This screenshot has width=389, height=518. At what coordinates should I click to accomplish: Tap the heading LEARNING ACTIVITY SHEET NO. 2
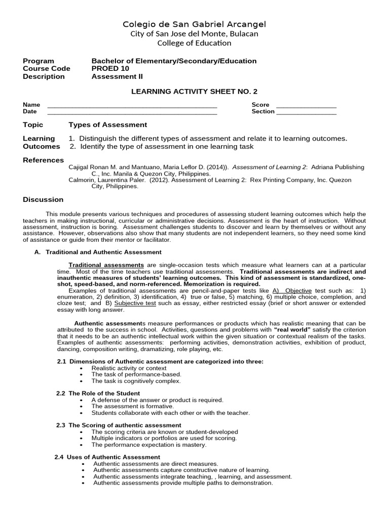(x=194, y=92)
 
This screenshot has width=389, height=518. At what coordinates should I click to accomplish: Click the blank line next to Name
(x=132, y=106)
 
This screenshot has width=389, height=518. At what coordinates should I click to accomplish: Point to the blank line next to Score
(x=306, y=106)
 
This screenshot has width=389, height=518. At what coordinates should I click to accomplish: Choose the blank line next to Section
(x=306, y=113)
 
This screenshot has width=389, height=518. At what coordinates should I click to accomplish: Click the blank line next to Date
(x=132, y=113)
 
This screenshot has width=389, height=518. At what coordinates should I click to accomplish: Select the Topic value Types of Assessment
(x=108, y=125)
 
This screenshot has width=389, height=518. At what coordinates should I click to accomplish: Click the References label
(x=44, y=160)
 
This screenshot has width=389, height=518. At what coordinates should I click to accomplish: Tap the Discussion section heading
(x=43, y=200)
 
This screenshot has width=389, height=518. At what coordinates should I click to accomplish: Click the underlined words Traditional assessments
(x=106, y=265)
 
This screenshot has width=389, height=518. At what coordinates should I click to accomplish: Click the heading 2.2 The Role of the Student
(x=98, y=393)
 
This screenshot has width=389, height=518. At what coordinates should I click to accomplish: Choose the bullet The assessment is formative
(x=132, y=406)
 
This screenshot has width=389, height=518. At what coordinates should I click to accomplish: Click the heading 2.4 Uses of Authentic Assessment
(x=107, y=457)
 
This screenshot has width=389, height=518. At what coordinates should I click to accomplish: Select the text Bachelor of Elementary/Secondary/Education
(x=174, y=61)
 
